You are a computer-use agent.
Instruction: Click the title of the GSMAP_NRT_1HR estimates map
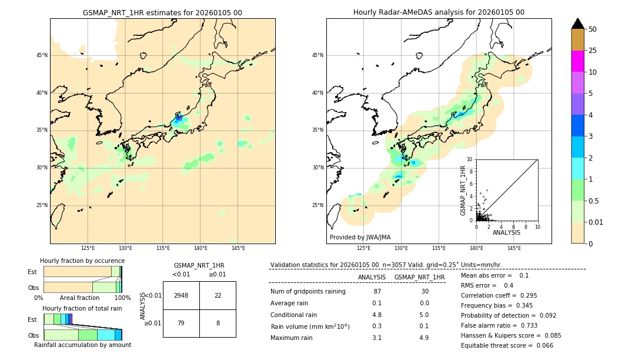click(x=162, y=12)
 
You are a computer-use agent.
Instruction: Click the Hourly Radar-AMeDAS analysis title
click(x=439, y=12)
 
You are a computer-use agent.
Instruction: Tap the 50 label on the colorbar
click(x=593, y=29)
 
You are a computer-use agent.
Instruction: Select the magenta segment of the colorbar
click(x=578, y=61)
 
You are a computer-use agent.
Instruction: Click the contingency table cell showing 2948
click(x=181, y=295)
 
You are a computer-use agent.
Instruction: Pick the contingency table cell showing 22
click(x=218, y=295)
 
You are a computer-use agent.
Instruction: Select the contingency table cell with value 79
click(x=181, y=323)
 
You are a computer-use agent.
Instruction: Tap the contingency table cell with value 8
click(x=218, y=323)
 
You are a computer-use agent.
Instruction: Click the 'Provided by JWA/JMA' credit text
click(x=360, y=237)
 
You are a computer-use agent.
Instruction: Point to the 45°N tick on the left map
click(x=42, y=55)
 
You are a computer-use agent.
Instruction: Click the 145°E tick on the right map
click(x=514, y=248)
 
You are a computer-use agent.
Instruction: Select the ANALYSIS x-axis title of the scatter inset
click(x=506, y=232)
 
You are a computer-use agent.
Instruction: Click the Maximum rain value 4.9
click(x=424, y=338)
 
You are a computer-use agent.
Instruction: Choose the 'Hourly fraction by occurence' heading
click(x=82, y=261)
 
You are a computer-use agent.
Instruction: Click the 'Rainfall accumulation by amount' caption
click(x=82, y=345)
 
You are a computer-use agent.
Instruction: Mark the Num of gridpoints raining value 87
click(x=377, y=292)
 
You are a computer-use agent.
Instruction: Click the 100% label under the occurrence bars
click(x=122, y=298)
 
